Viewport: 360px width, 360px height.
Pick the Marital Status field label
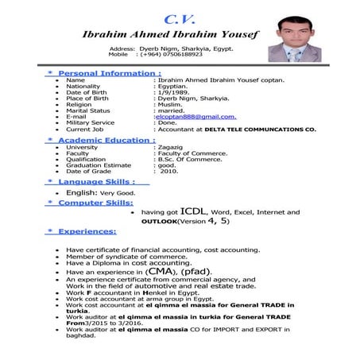[88, 110]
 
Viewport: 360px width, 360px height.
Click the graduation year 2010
[169, 171]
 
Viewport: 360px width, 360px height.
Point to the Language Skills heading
[95, 182]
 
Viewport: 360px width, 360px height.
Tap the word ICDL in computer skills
[195, 212]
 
